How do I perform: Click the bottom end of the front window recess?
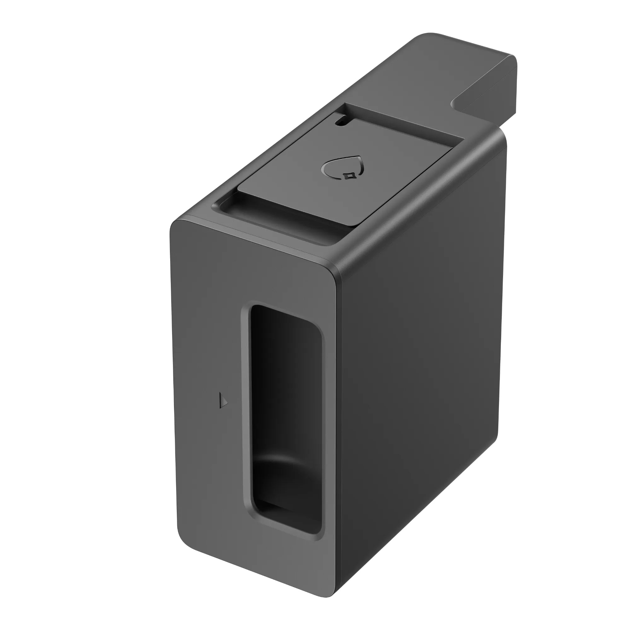[286, 526]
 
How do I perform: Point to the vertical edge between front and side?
[338, 433]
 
